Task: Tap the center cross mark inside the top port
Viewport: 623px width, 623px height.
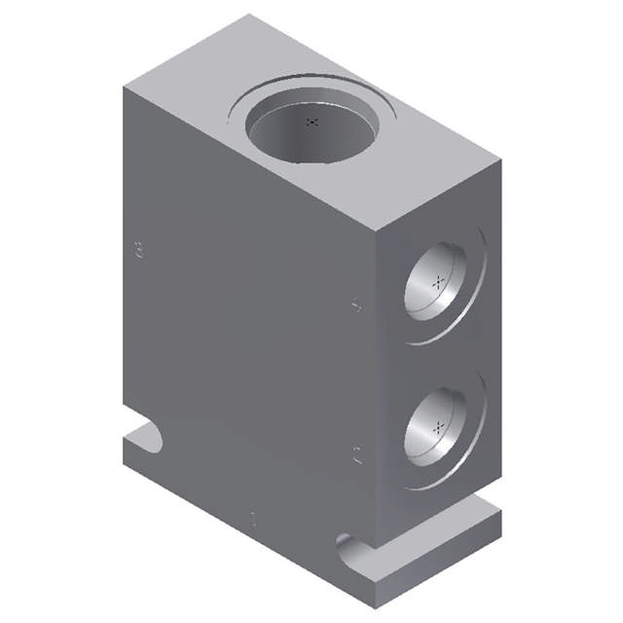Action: coord(311,122)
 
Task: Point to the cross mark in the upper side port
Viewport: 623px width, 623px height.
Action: coord(439,280)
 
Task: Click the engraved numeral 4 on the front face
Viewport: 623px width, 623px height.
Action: coord(357,305)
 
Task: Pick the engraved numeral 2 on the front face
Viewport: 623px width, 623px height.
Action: coord(357,454)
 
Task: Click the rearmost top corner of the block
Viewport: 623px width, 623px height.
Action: coord(249,15)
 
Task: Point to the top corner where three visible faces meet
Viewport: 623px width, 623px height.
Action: coord(376,228)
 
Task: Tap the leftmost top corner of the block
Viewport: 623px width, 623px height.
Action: coord(121,86)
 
